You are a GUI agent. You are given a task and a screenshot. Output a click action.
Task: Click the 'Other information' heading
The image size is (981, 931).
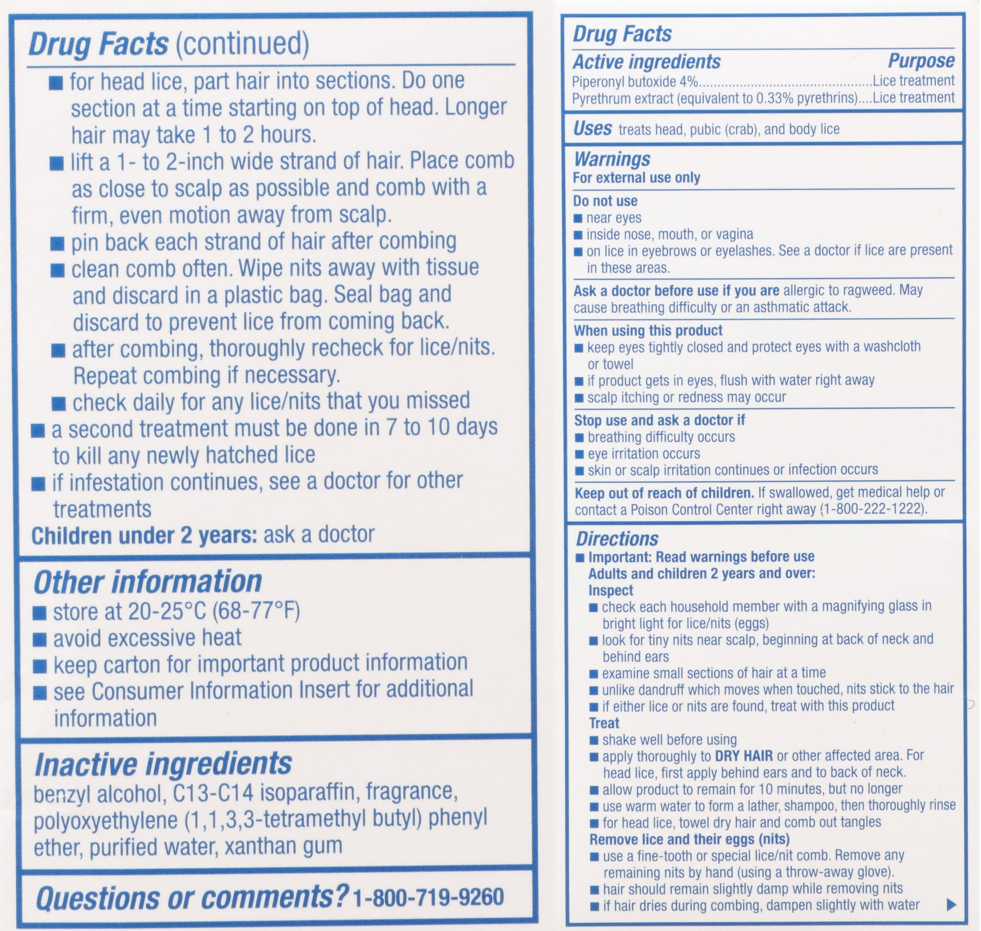coord(148,582)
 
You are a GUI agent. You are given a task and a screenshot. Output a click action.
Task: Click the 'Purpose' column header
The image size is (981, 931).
coord(921,61)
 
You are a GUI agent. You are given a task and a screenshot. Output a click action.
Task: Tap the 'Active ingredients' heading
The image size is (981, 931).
coord(646,62)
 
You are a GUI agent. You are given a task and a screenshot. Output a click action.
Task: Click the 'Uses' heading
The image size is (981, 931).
coord(592,129)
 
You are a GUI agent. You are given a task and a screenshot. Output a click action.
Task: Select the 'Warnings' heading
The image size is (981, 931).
coord(612,159)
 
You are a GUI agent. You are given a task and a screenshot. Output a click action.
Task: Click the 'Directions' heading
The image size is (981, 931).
coord(617,539)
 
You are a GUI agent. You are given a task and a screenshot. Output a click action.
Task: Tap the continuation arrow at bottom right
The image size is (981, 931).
coord(952,905)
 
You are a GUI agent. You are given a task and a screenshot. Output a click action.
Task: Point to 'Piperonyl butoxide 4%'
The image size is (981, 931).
coord(635,82)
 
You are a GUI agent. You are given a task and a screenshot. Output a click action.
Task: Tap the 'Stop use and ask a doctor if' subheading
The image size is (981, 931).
coord(659,420)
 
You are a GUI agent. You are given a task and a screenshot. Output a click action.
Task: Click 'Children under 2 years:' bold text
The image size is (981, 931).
coord(144,535)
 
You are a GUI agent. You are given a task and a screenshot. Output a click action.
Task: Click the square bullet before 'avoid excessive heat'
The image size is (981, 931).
coord(39,639)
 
